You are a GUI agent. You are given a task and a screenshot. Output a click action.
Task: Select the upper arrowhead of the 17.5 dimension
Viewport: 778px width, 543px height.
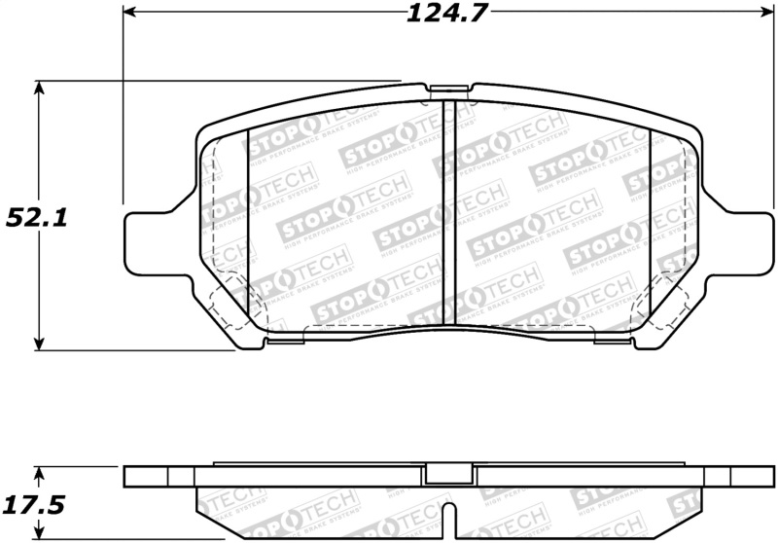[x=39, y=472]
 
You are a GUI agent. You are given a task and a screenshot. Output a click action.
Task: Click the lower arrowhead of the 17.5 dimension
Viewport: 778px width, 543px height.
[x=39, y=533]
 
